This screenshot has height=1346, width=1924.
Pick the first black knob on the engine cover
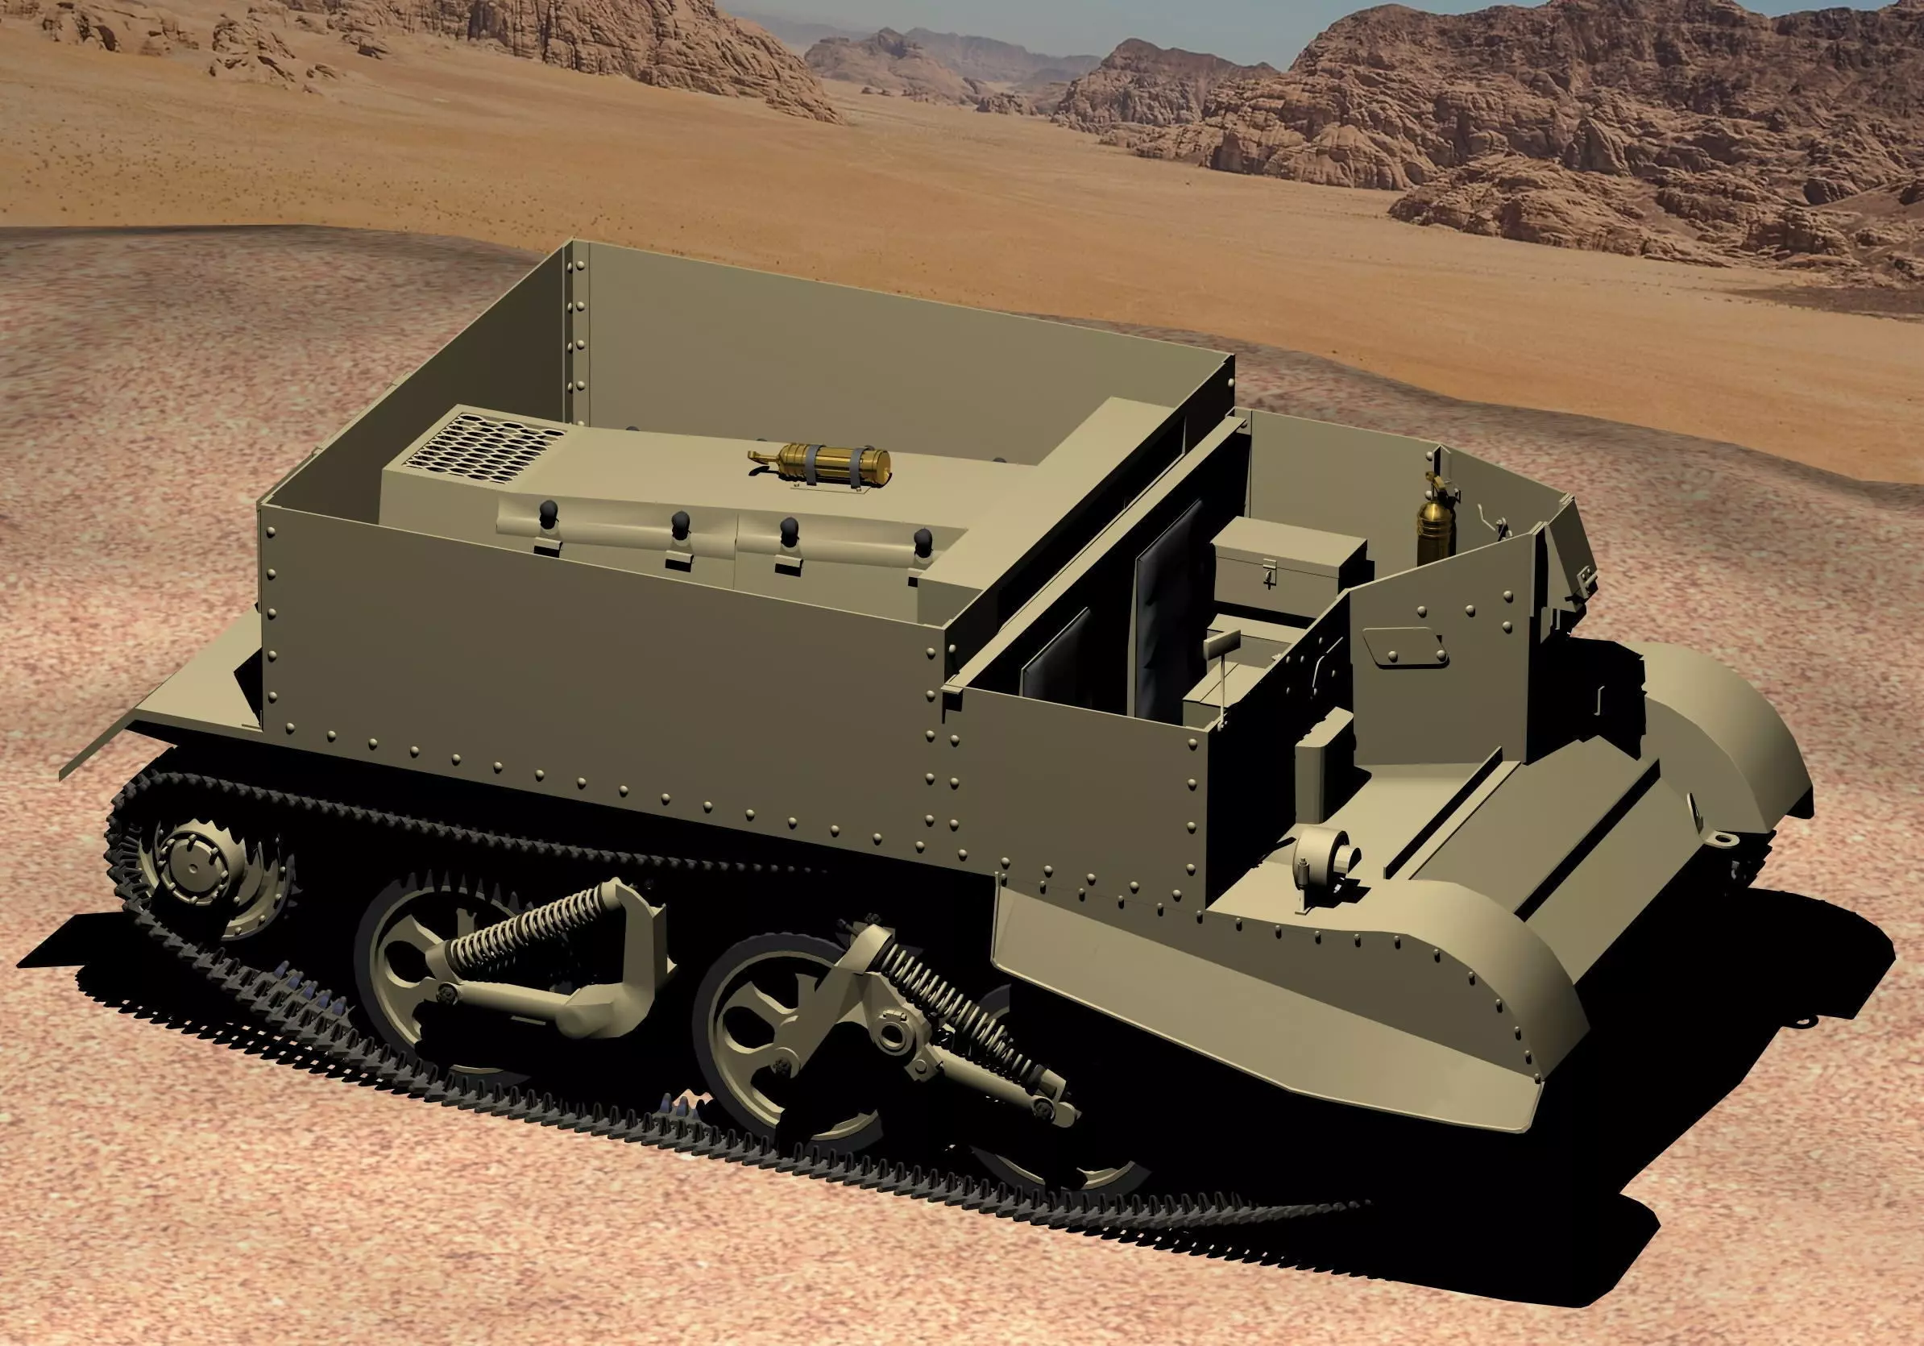(548, 513)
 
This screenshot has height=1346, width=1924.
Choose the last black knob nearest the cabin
(923, 542)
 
